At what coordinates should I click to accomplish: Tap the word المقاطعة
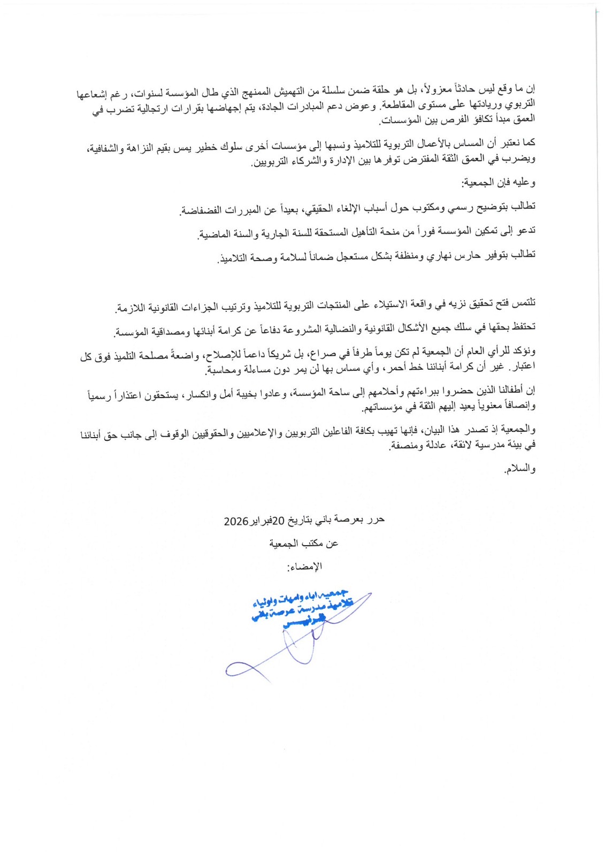tap(396, 104)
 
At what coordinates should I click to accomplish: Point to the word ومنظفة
tap(410, 256)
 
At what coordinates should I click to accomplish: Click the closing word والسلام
tap(520, 469)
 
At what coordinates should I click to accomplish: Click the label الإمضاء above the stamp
tap(305, 566)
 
